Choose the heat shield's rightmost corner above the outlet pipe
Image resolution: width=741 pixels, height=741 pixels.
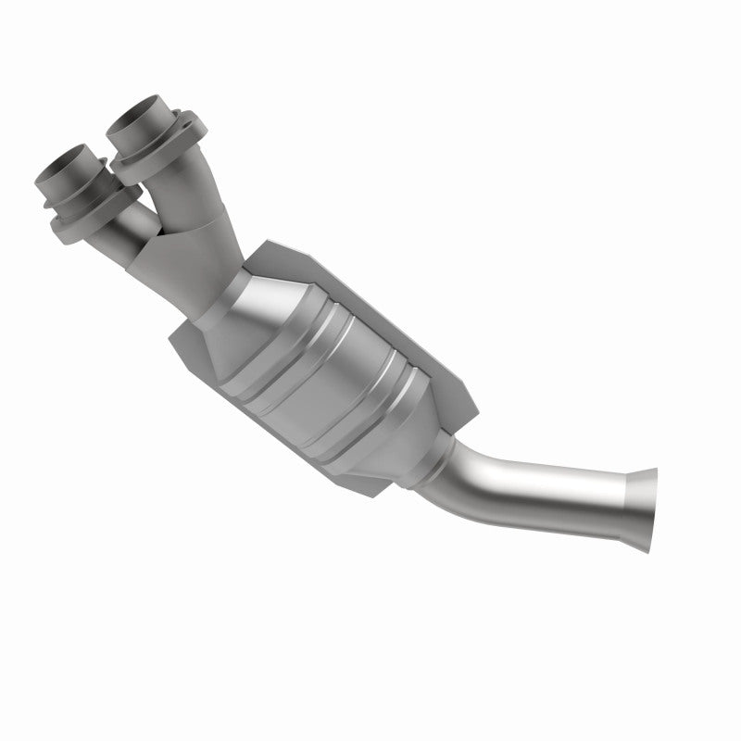coord(477,408)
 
